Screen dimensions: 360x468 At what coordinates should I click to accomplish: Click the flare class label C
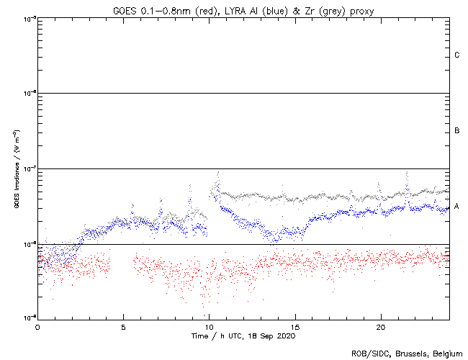point(457,55)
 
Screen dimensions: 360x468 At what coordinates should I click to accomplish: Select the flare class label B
point(457,130)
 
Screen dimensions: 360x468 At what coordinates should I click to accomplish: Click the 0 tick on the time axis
point(37,326)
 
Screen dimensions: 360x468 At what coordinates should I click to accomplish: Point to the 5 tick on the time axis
point(123,326)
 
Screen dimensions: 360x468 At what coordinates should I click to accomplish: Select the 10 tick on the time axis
point(209,326)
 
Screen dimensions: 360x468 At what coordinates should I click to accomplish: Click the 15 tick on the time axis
point(295,326)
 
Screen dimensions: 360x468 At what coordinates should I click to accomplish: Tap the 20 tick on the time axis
point(381,326)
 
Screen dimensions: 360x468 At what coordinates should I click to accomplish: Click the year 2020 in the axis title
point(285,336)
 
